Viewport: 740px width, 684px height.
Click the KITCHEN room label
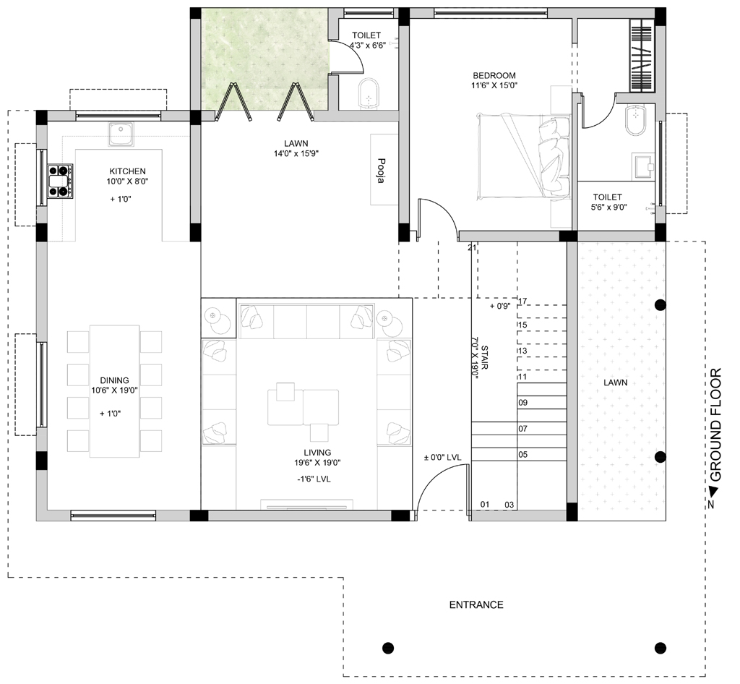[x=127, y=171]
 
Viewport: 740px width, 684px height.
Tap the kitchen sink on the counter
[x=121, y=134]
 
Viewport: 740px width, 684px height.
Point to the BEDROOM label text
[x=494, y=75]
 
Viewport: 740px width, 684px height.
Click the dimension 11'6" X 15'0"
[x=494, y=85]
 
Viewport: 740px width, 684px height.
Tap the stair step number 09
[x=523, y=403]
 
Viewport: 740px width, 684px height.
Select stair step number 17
[x=522, y=301]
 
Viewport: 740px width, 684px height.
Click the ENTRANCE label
[x=476, y=604]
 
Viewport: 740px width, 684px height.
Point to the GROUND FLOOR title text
[x=716, y=424]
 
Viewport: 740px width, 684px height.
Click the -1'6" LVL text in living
[x=314, y=479]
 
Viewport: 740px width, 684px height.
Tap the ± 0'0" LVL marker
[x=442, y=458]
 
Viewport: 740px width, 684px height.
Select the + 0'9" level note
[x=500, y=306]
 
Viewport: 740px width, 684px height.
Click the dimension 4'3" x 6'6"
[x=368, y=46]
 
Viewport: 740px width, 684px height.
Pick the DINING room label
[x=114, y=380]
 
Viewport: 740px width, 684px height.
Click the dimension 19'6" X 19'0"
[x=317, y=463]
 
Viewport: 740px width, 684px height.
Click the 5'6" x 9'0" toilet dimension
[x=608, y=207]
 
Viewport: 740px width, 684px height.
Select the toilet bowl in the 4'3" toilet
[x=368, y=94]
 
